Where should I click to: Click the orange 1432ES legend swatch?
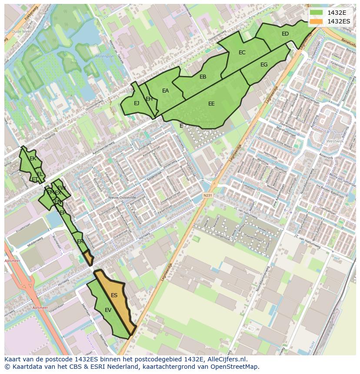coord(317,21)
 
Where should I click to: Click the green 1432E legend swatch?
coord(317,12)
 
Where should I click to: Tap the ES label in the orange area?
coord(114,295)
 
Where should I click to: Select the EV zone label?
coord(108,310)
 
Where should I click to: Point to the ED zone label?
coord(285,34)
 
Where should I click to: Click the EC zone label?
coord(242,53)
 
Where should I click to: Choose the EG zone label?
coord(264,65)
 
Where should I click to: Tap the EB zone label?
coord(203,77)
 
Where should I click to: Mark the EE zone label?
coord(211,104)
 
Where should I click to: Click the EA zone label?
coord(165,91)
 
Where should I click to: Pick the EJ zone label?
coord(137,103)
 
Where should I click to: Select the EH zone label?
coord(149,99)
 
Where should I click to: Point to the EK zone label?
coord(33,159)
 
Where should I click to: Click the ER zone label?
coord(80,242)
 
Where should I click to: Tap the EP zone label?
coord(63,213)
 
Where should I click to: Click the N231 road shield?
coord(207,195)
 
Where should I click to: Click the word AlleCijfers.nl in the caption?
coord(226,359)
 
